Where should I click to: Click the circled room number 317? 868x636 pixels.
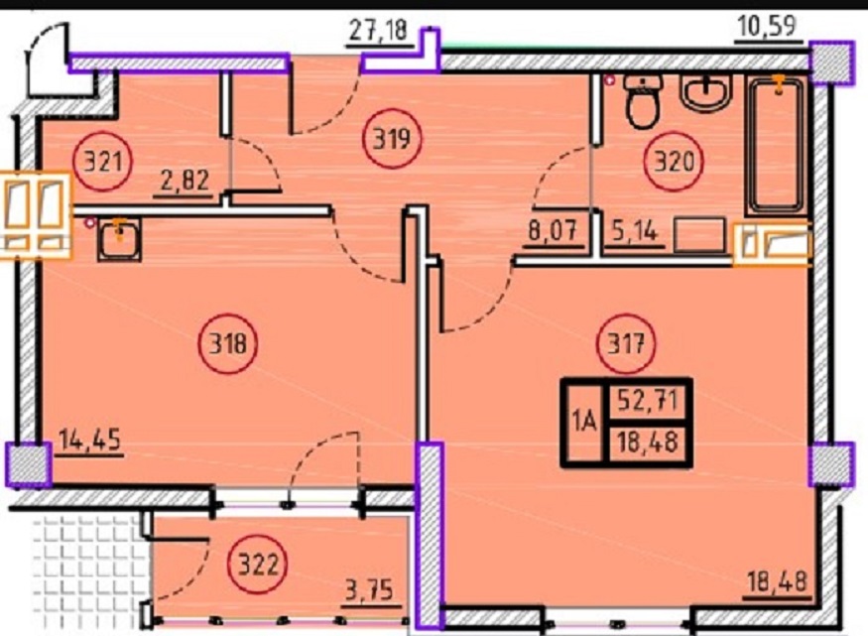[x=626, y=344]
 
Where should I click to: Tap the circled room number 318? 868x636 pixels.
[x=227, y=344]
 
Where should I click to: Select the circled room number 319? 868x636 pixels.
[x=392, y=138]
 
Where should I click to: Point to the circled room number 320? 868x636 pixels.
[x=674, y=162]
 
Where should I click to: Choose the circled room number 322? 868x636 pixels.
[x=258, y=566]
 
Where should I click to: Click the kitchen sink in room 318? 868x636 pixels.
[x=119, y=238]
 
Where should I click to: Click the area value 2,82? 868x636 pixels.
[x=185, y=181]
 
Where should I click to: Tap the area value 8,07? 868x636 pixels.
[x=553, y=230]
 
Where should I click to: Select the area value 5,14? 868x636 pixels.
[x=635, y=230]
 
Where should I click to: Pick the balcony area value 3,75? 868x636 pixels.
[x=369, y=590]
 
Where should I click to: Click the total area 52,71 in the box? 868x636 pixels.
[x=648, y=400]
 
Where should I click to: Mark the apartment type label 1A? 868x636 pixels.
[x=584, y=423]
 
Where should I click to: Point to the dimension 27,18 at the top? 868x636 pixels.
[x=379, y=31]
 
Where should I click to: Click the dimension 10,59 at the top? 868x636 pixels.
[x=767, y=26]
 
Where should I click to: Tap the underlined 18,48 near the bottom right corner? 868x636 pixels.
[x=777, y=582]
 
